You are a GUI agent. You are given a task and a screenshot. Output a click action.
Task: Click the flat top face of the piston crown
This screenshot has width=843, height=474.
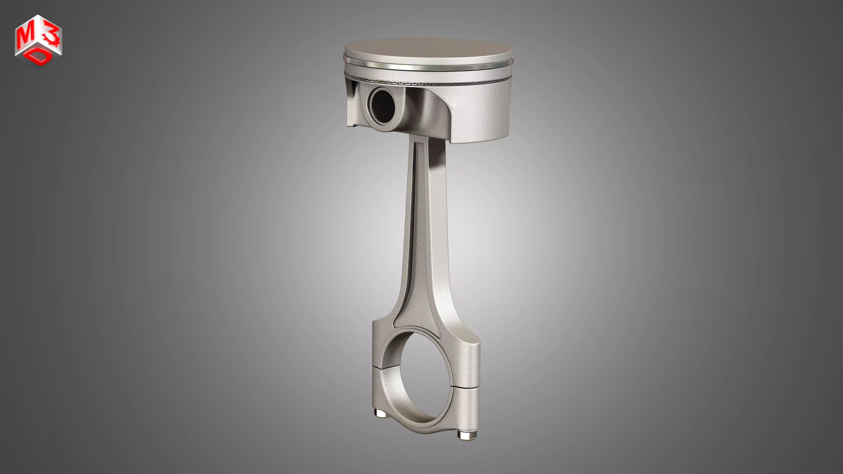(x=428, y=51)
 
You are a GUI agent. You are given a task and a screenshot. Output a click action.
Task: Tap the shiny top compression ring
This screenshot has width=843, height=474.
(x=428, y=67)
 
